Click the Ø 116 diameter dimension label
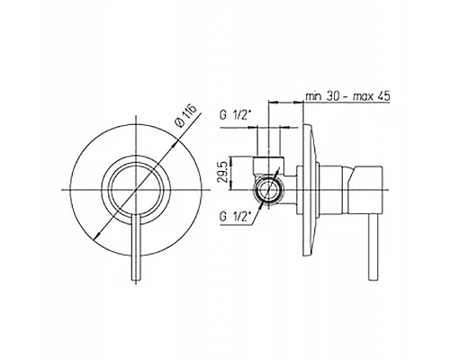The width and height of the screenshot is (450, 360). tap(186, 116)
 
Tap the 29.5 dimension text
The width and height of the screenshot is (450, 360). tap(222, 173)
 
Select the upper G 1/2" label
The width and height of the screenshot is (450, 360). tap(235, 115)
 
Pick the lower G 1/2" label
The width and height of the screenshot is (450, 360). tap(235, 217)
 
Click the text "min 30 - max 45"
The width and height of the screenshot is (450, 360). tap(347, 96)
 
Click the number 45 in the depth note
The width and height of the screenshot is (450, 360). tap(383, 96)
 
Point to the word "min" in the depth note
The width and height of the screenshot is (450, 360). tap(313, 96)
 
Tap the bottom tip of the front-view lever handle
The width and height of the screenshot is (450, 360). tap(136, 281)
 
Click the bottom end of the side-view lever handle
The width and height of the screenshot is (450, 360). tap(373, 281)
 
